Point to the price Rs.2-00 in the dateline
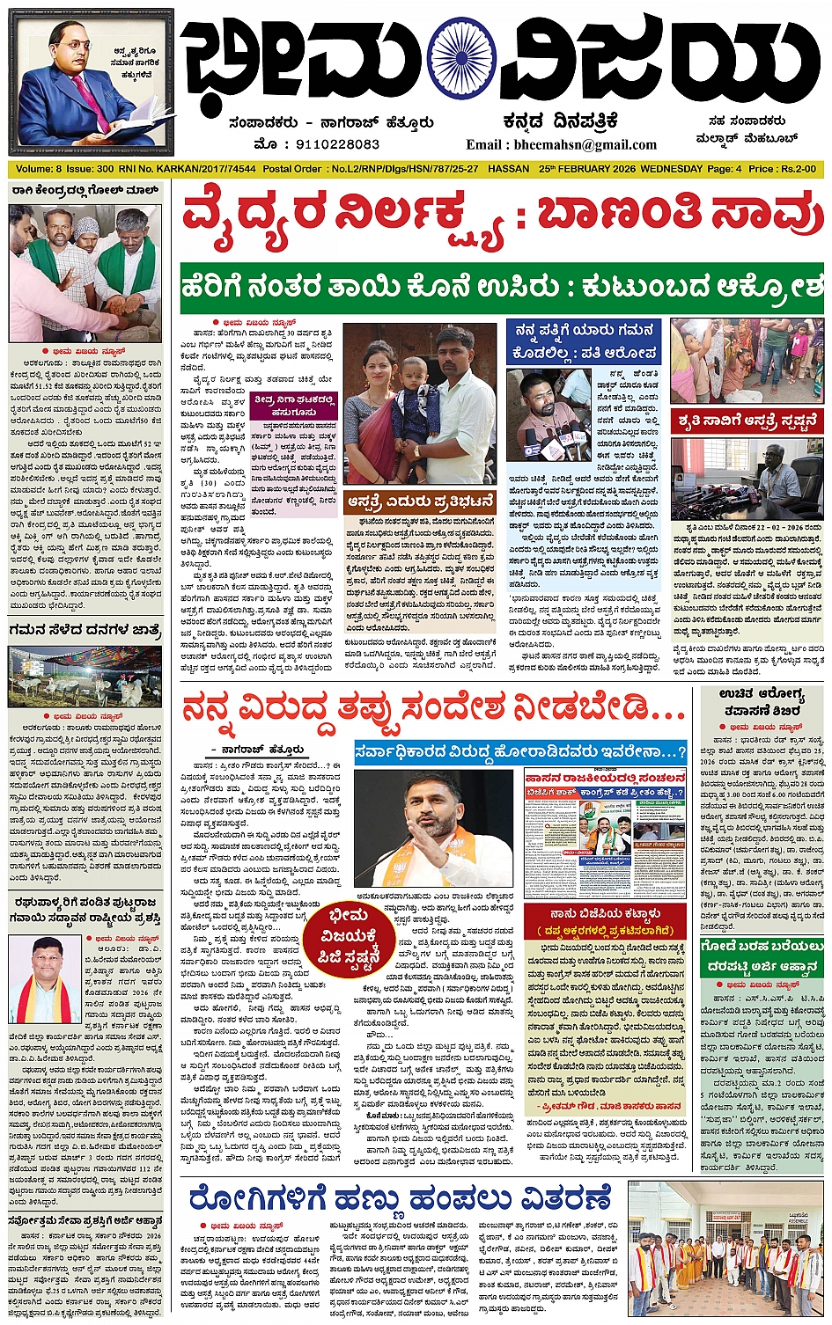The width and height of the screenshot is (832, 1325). click(793, 168)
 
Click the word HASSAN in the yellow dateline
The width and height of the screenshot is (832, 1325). click(508, 168)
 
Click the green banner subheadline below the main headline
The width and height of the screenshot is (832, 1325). click(502, 288)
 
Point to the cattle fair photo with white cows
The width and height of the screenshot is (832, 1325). click(85, 676)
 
